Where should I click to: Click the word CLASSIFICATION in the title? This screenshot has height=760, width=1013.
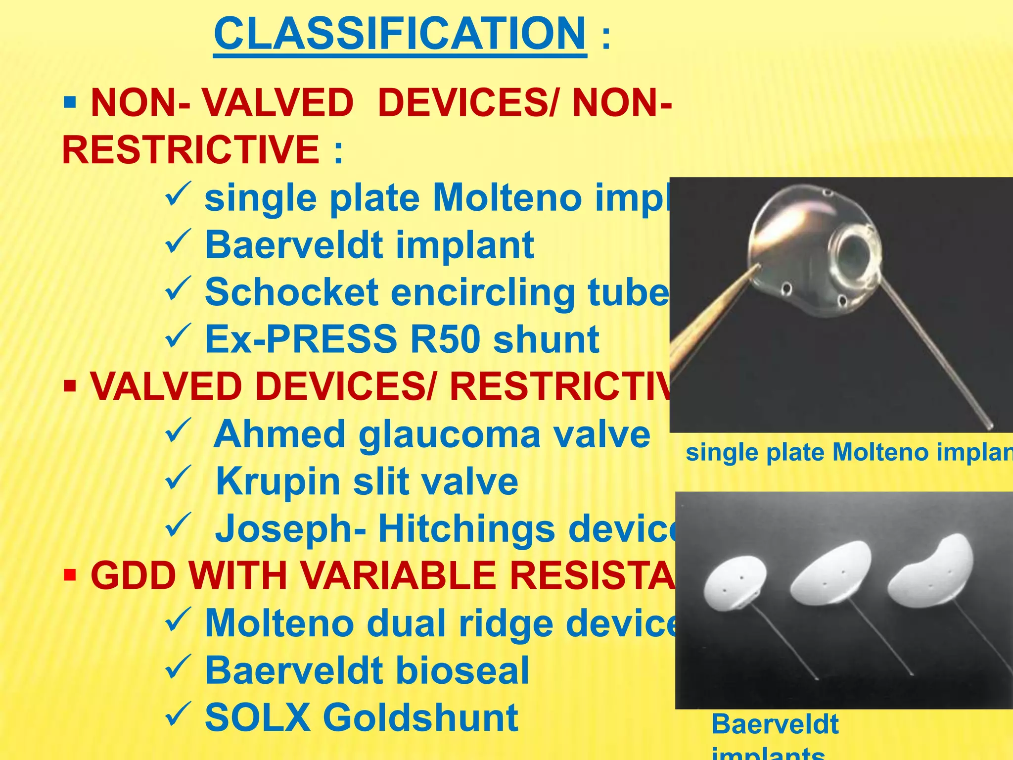(x=400, y=34)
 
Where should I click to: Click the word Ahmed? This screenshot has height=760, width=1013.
(x=279, y=434)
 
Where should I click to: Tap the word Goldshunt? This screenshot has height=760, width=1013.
(x=420, y=717)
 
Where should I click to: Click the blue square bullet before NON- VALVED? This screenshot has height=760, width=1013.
(x=70, y=103)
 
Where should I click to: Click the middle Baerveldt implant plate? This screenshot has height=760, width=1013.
(x=831, y=574)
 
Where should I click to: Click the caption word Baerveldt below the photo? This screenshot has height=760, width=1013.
(x=775, y=724)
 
